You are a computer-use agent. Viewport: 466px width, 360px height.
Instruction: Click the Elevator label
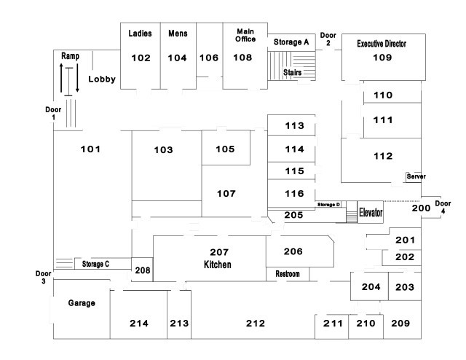coord(371,213)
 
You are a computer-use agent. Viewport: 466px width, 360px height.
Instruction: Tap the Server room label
coord(416,176)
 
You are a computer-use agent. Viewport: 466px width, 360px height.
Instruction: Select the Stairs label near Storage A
coord(293,72)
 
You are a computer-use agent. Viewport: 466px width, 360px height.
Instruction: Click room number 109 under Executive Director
coord(382,57)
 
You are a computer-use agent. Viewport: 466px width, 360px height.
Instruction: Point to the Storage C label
coord(95,264)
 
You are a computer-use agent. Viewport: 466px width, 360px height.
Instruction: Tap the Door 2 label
coord(328,39)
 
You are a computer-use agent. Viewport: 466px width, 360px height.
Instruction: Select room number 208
coord(143,270)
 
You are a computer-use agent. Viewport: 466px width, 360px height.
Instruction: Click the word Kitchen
coord(218,264)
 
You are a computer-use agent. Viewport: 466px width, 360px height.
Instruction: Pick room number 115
coord(294,171)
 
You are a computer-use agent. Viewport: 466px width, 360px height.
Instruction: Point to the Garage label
coord(82,302)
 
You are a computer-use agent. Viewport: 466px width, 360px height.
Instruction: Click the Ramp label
coord(70,55)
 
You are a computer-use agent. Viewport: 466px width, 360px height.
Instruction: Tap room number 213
coord(179,323)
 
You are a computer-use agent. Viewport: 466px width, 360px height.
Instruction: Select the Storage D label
coord(329,205)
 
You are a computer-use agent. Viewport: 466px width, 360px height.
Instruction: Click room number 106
coord(209,58)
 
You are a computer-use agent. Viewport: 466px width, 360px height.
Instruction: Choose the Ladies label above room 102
coord(140,34)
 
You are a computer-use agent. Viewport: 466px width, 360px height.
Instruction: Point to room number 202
coord(405,257)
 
